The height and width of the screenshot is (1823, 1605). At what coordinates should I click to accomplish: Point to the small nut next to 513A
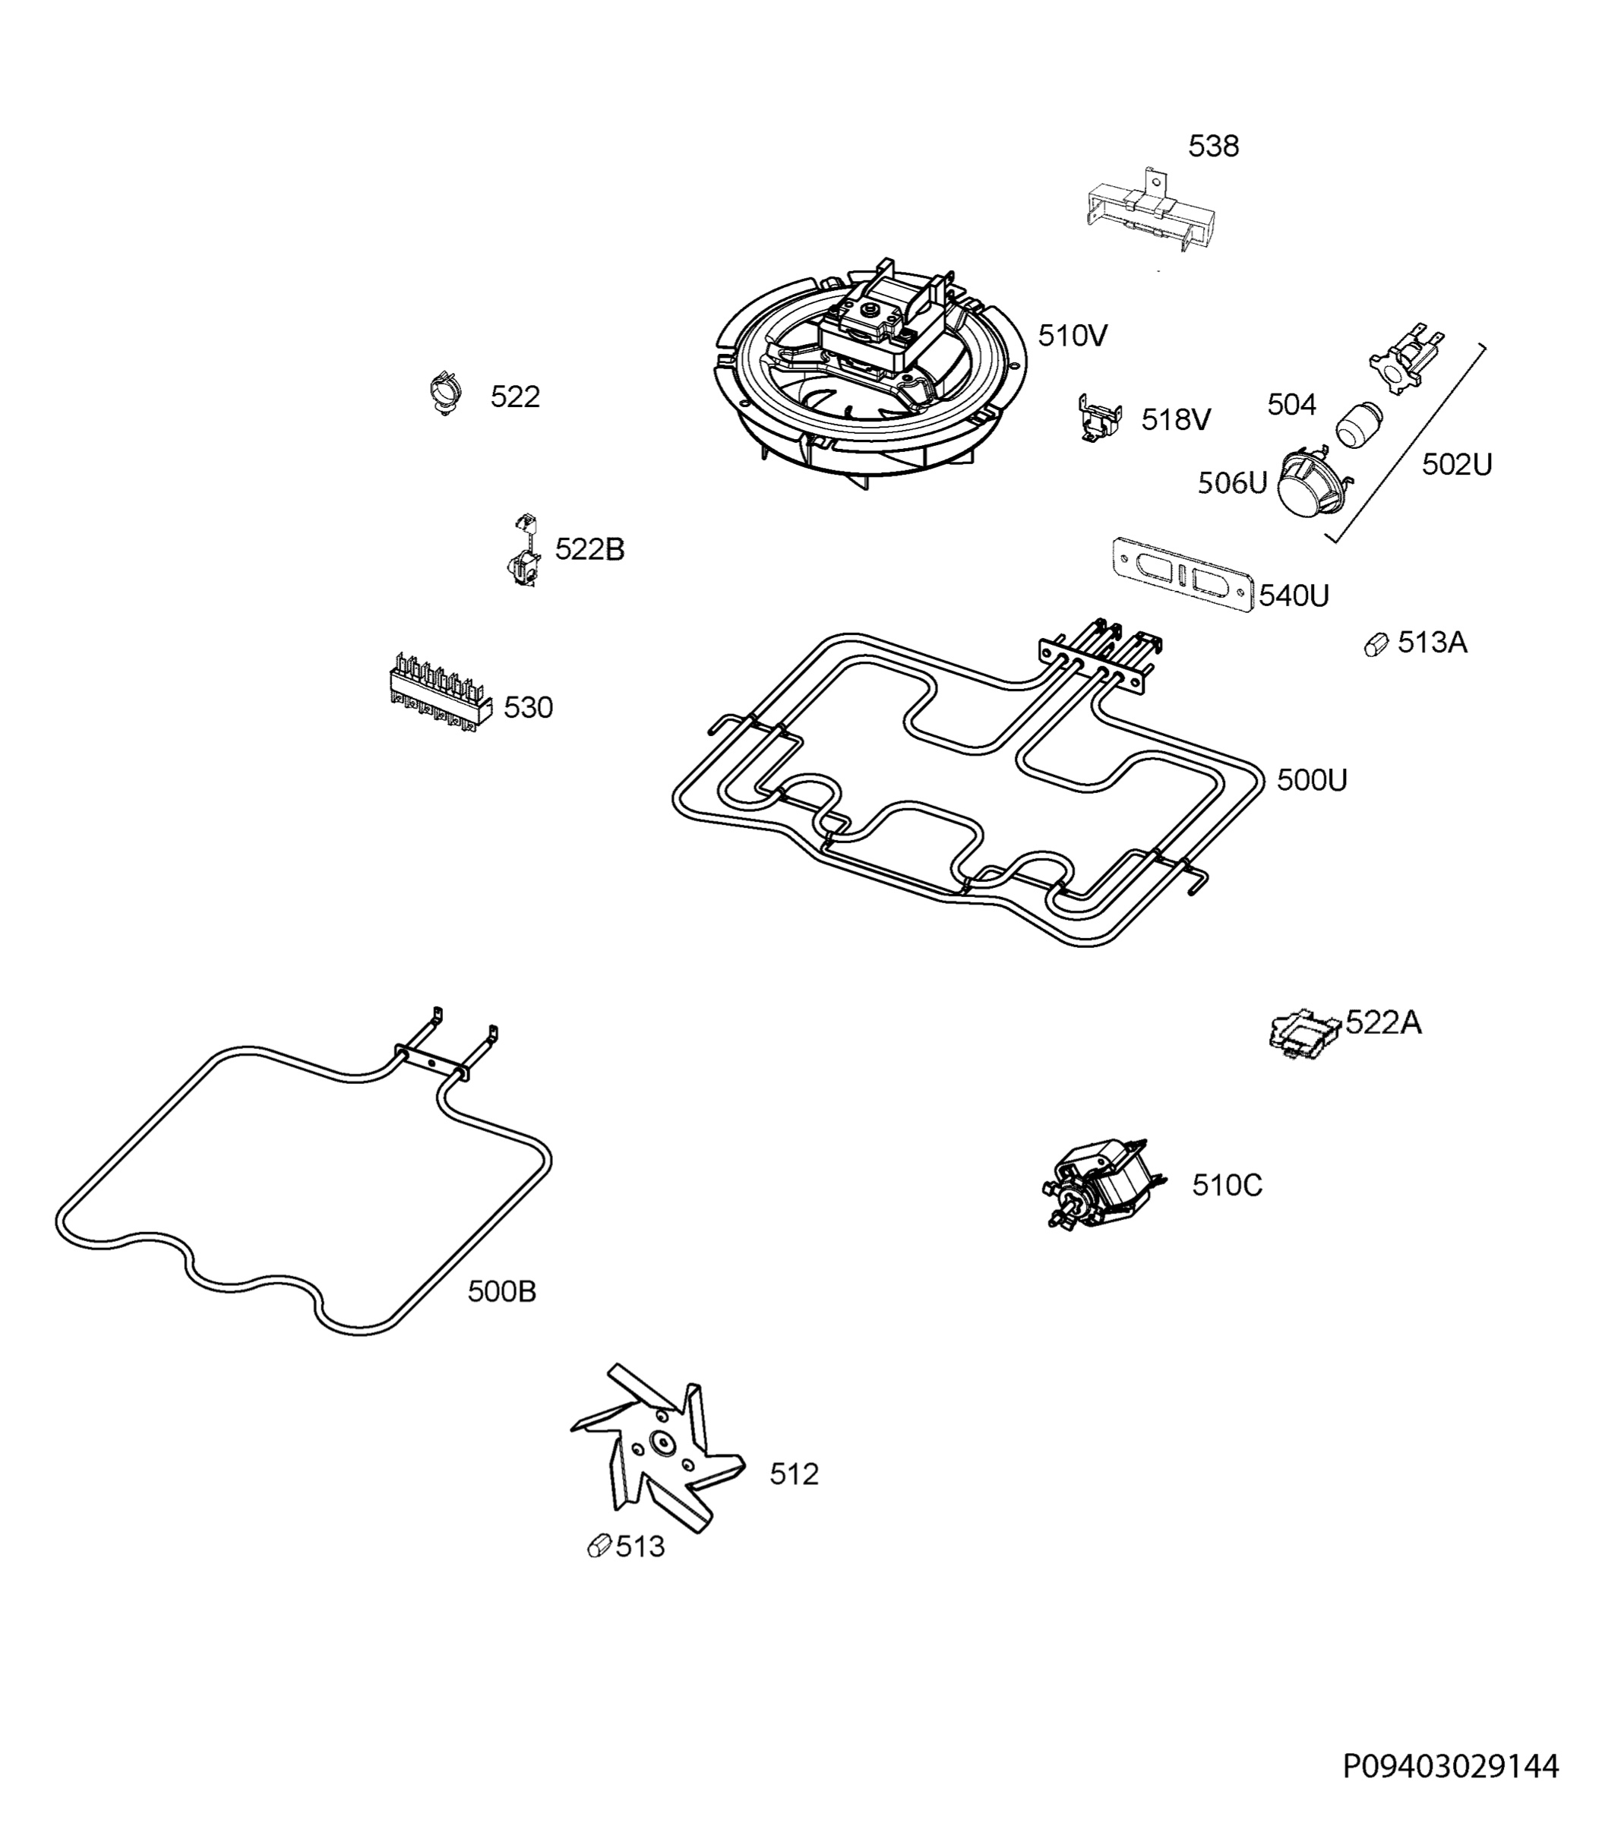point(1376,644)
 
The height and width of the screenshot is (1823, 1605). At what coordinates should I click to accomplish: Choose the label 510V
point(1073,336)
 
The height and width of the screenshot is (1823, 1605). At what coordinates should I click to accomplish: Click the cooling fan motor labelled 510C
point(1102,1183)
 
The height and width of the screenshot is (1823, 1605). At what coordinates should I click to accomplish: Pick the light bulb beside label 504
point(1358,423)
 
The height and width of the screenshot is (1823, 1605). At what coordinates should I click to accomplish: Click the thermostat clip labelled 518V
point(1101,419)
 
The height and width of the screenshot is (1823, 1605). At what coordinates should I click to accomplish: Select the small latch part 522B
point(524,552)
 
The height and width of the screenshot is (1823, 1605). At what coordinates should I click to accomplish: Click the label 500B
point(502,1291)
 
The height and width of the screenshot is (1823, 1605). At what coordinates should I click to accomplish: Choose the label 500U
point(1312,780)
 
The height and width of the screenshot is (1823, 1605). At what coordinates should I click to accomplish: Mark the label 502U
point(1456,465)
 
